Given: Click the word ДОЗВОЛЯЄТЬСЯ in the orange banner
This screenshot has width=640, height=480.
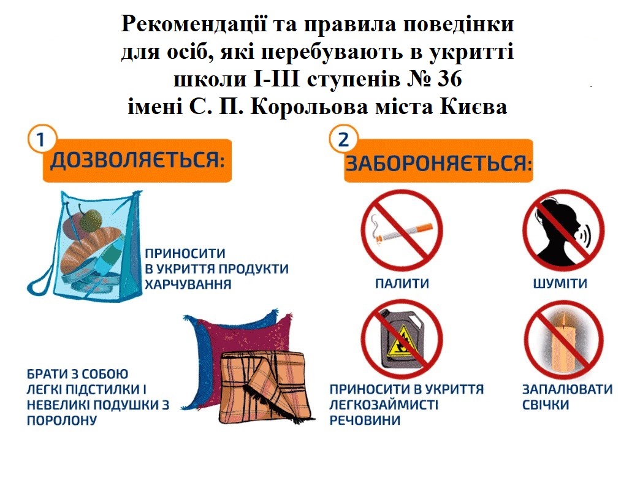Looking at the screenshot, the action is pos(137,159).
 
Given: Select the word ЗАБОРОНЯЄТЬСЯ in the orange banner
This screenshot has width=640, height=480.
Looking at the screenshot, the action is pos(439,163).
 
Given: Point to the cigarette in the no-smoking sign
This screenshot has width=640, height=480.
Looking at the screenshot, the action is pos(402,233).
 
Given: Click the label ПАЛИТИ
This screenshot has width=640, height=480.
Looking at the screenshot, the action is pos(402,283).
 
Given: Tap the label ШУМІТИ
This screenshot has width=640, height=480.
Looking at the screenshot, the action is pos(560,283).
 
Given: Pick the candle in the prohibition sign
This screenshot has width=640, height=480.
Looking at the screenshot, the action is pos(563,341).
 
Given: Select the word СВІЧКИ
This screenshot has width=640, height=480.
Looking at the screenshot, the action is pos(546,405).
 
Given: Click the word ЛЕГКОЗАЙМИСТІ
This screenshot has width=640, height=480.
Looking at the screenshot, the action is pos(384,405).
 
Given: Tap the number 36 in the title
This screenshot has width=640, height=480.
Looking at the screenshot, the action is pos(450,79).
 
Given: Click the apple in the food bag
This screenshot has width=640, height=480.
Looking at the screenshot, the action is pos(91,219).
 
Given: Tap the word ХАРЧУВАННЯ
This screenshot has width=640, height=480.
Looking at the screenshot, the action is pos(188,284).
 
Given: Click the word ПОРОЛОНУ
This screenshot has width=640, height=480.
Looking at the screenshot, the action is pos(62,421).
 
